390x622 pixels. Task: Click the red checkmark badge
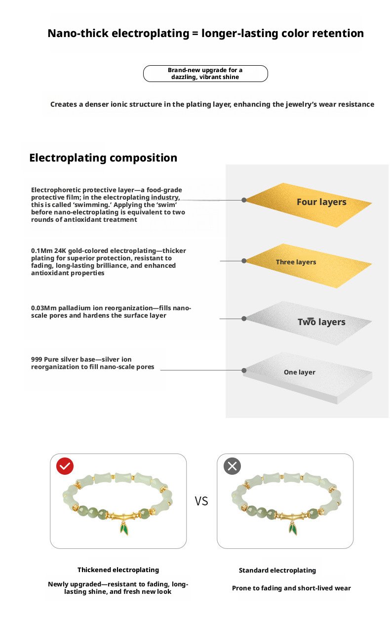65,466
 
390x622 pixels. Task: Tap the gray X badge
232,466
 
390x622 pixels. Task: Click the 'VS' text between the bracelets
201,501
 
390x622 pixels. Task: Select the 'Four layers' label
321,202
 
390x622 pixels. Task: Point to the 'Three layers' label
296,262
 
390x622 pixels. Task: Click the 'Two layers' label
321,322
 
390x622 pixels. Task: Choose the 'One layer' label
299,372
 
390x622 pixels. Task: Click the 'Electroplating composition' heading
103,158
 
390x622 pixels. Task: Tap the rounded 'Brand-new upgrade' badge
205,74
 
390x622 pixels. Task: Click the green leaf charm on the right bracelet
293,530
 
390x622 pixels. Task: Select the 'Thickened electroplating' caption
118,570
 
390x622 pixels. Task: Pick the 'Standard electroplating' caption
277,570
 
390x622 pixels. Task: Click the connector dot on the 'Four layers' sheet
244,200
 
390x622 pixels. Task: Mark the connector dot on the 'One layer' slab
244,370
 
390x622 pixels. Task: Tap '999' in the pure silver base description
37,359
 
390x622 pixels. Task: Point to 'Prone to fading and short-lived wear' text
291,588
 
